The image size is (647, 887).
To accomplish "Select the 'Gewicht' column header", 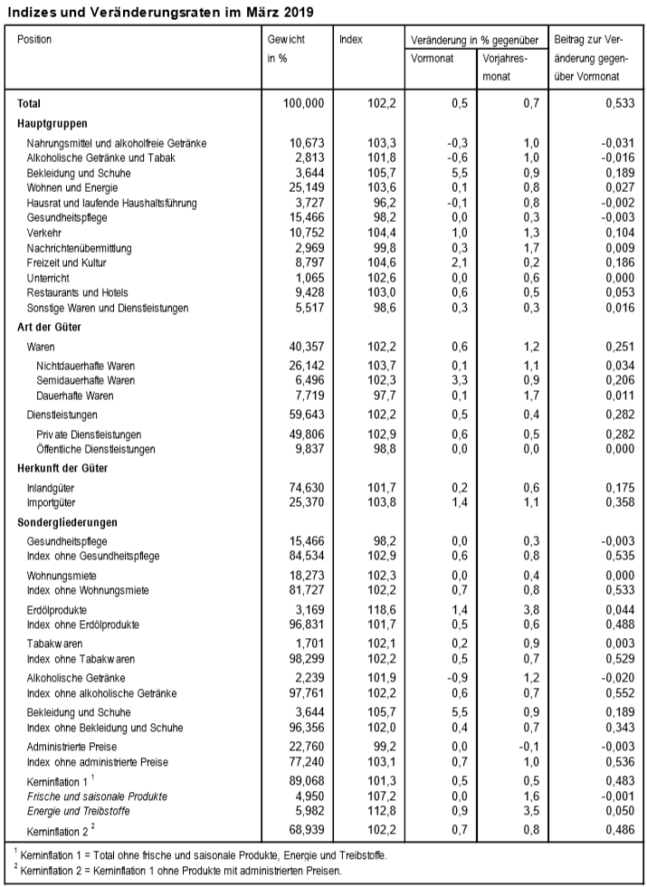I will [x=285, y=40].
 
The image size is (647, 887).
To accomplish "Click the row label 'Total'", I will [x=30, y=104].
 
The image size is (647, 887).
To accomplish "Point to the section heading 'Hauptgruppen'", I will [x=52, y=123].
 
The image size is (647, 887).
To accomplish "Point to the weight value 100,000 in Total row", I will [x=302, y=104].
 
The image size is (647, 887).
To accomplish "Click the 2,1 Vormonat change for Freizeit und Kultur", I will [x=460, y=262].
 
